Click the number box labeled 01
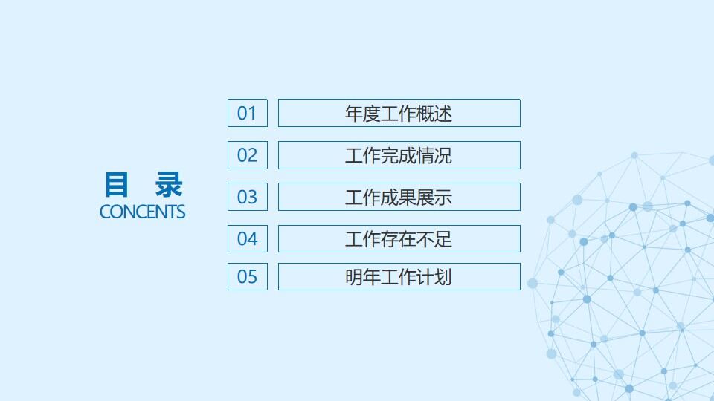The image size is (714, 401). click(x=247, y=113)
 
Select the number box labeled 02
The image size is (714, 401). click(x=247, y=155)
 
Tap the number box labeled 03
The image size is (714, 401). click(x=247, y=197)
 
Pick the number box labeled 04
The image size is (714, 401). click(x=247, y=238)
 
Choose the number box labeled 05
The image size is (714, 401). click(x=247, y=276)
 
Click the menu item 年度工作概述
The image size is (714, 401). click(x=399, y=113)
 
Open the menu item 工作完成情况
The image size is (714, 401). click(x=399, y=155)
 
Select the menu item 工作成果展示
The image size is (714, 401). click(x=399, y=197)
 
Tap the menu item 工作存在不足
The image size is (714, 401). click(x=399, y=238)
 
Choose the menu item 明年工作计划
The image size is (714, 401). click(x=399, y=276)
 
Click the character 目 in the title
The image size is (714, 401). click(x=116, y=184)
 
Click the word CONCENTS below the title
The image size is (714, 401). click(x=142, y=212)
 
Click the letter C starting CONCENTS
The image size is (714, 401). click(x=105, y=212)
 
